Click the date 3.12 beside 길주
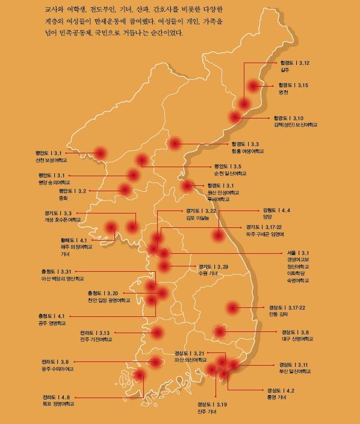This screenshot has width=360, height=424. tap(303, 63)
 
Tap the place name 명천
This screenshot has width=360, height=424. tap(284, 93)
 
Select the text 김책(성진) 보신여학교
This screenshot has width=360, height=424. tap(295, 125)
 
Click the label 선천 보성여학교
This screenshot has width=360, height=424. tap(51, 161)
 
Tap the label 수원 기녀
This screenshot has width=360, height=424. tap(208, 273)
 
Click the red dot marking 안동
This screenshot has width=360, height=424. tap(233, 308)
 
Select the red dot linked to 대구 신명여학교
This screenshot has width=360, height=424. tap(220, 331)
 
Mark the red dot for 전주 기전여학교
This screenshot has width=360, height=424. tap(157, 332)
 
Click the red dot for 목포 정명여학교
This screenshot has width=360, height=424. tap(140, 375)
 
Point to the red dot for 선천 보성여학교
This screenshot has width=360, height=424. tap(100, 154)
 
